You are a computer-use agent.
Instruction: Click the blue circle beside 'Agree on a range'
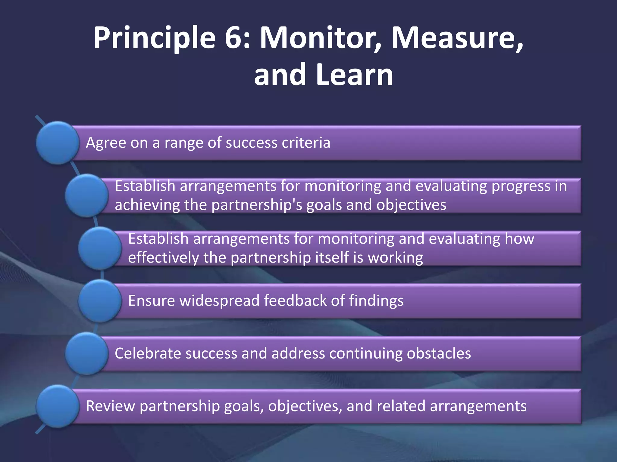[58, 143]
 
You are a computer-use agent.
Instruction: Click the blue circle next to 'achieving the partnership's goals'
[86, 196]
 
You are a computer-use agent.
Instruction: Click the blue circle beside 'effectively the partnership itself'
[100, 248]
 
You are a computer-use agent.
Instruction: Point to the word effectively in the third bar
[163, 258]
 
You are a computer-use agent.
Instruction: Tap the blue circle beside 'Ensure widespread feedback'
[100, 301]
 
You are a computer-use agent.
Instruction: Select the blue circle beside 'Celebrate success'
[86, 353]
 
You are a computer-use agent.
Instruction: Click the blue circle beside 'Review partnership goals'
[58, 406]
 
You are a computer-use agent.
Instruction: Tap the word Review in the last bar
[110, 406]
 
